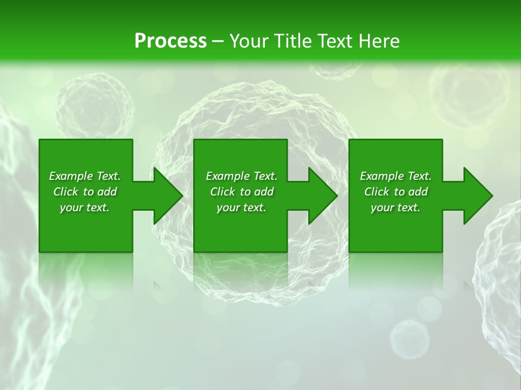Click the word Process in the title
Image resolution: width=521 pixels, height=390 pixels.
pyautogui.click(x=170, y=41)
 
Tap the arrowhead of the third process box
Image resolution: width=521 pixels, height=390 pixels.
pyautogui.click(x=478, y=196)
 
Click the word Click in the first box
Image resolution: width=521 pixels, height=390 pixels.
pyautogui.click(x=66, y=192)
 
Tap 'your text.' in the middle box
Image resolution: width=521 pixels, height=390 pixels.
pyautogui.click(x=241, y=207)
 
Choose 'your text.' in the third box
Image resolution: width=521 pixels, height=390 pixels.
pyautogui.click(x=395, y=207)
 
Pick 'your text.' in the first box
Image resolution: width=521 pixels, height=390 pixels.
pyautogui.click(x=84, y=207)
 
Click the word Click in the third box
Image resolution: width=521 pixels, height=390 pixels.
pyautogui.click(x=377, y=192)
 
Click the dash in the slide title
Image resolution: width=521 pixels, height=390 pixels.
pyautogui.click(x=218, y=41)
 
